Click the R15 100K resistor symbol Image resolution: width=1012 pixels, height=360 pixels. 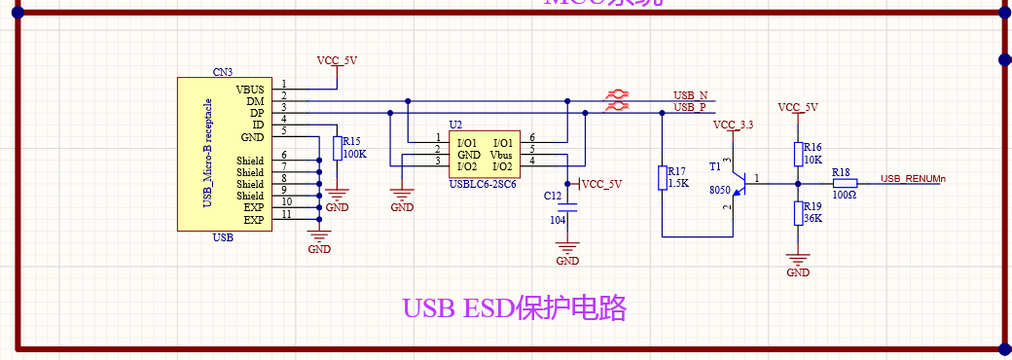point(337,148)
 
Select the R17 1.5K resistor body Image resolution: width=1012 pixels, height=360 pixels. point(662,177)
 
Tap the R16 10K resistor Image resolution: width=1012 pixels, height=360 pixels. point(798,154)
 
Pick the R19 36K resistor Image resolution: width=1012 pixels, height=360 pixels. point(798,212)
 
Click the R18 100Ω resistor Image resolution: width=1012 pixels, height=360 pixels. point(845,182)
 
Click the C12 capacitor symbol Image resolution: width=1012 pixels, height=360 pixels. point(569,209)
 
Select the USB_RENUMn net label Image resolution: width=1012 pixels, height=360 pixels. point(913,178)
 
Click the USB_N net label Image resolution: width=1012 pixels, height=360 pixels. point(690,94)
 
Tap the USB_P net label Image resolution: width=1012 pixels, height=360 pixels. point(689,107)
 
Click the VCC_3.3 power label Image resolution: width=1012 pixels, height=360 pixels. point(733,126)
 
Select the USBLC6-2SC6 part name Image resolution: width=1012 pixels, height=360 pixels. point(482,183)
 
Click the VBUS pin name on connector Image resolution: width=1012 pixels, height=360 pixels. point(250,89)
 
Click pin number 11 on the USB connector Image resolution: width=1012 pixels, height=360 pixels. point(286,214)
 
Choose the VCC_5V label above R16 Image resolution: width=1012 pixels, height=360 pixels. point(798,107)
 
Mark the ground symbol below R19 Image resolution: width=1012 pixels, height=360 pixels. point(798,263)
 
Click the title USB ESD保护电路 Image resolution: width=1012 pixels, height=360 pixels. point(514,308)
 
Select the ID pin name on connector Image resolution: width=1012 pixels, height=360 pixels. point(257,124)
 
